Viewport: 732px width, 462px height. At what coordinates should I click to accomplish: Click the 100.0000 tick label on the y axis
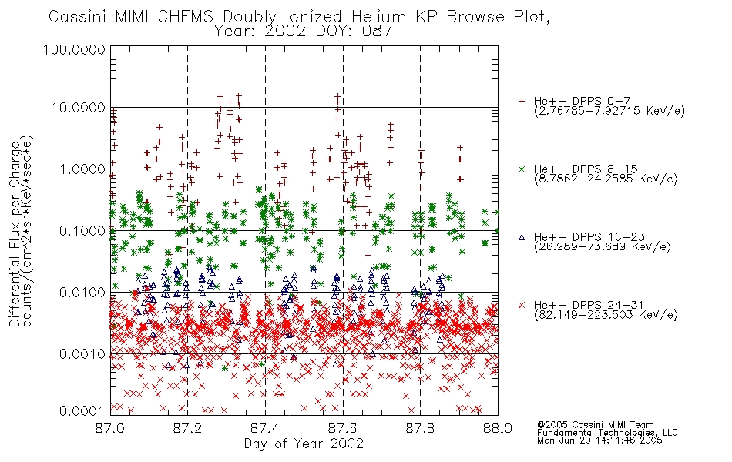click(x=74, y=49)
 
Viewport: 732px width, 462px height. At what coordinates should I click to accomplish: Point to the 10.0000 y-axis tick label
click(x=79, y=108)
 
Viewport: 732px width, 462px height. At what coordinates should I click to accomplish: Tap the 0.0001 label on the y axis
click(x=82, y=410)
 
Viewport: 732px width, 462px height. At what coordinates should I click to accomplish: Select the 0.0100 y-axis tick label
click(x=82, y=293)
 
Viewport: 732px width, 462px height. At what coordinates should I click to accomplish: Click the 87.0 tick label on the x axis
click(x=110, y=428)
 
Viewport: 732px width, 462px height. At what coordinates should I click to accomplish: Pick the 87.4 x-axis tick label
click(x=265, y=428)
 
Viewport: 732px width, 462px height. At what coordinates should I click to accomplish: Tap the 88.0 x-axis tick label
click(x=498, y=428)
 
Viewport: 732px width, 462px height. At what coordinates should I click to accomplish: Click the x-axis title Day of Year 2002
click(x=304, y=444)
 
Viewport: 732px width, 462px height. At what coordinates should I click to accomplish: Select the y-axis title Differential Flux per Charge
click(x=15, y=234)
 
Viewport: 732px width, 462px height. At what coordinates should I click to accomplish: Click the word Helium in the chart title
click(x=378, y=17)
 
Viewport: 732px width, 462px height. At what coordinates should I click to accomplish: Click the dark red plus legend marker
click(x=522, y=101)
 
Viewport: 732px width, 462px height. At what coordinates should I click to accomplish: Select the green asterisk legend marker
click(x=522, y=169)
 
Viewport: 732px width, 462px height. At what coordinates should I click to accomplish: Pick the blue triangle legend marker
click(x=522, y=237)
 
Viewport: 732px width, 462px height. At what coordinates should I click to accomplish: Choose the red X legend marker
click(x=522, y=305)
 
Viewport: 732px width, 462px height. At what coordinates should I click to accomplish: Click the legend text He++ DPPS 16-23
click(x=589, y=237)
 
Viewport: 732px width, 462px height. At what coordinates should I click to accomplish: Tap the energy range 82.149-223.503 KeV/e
click(x=606, y=314)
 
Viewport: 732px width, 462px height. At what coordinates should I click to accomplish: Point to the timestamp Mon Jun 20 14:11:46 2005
click(x=599, y=440)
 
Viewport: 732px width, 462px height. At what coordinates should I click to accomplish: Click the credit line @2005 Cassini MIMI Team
click(x=595, y=425)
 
